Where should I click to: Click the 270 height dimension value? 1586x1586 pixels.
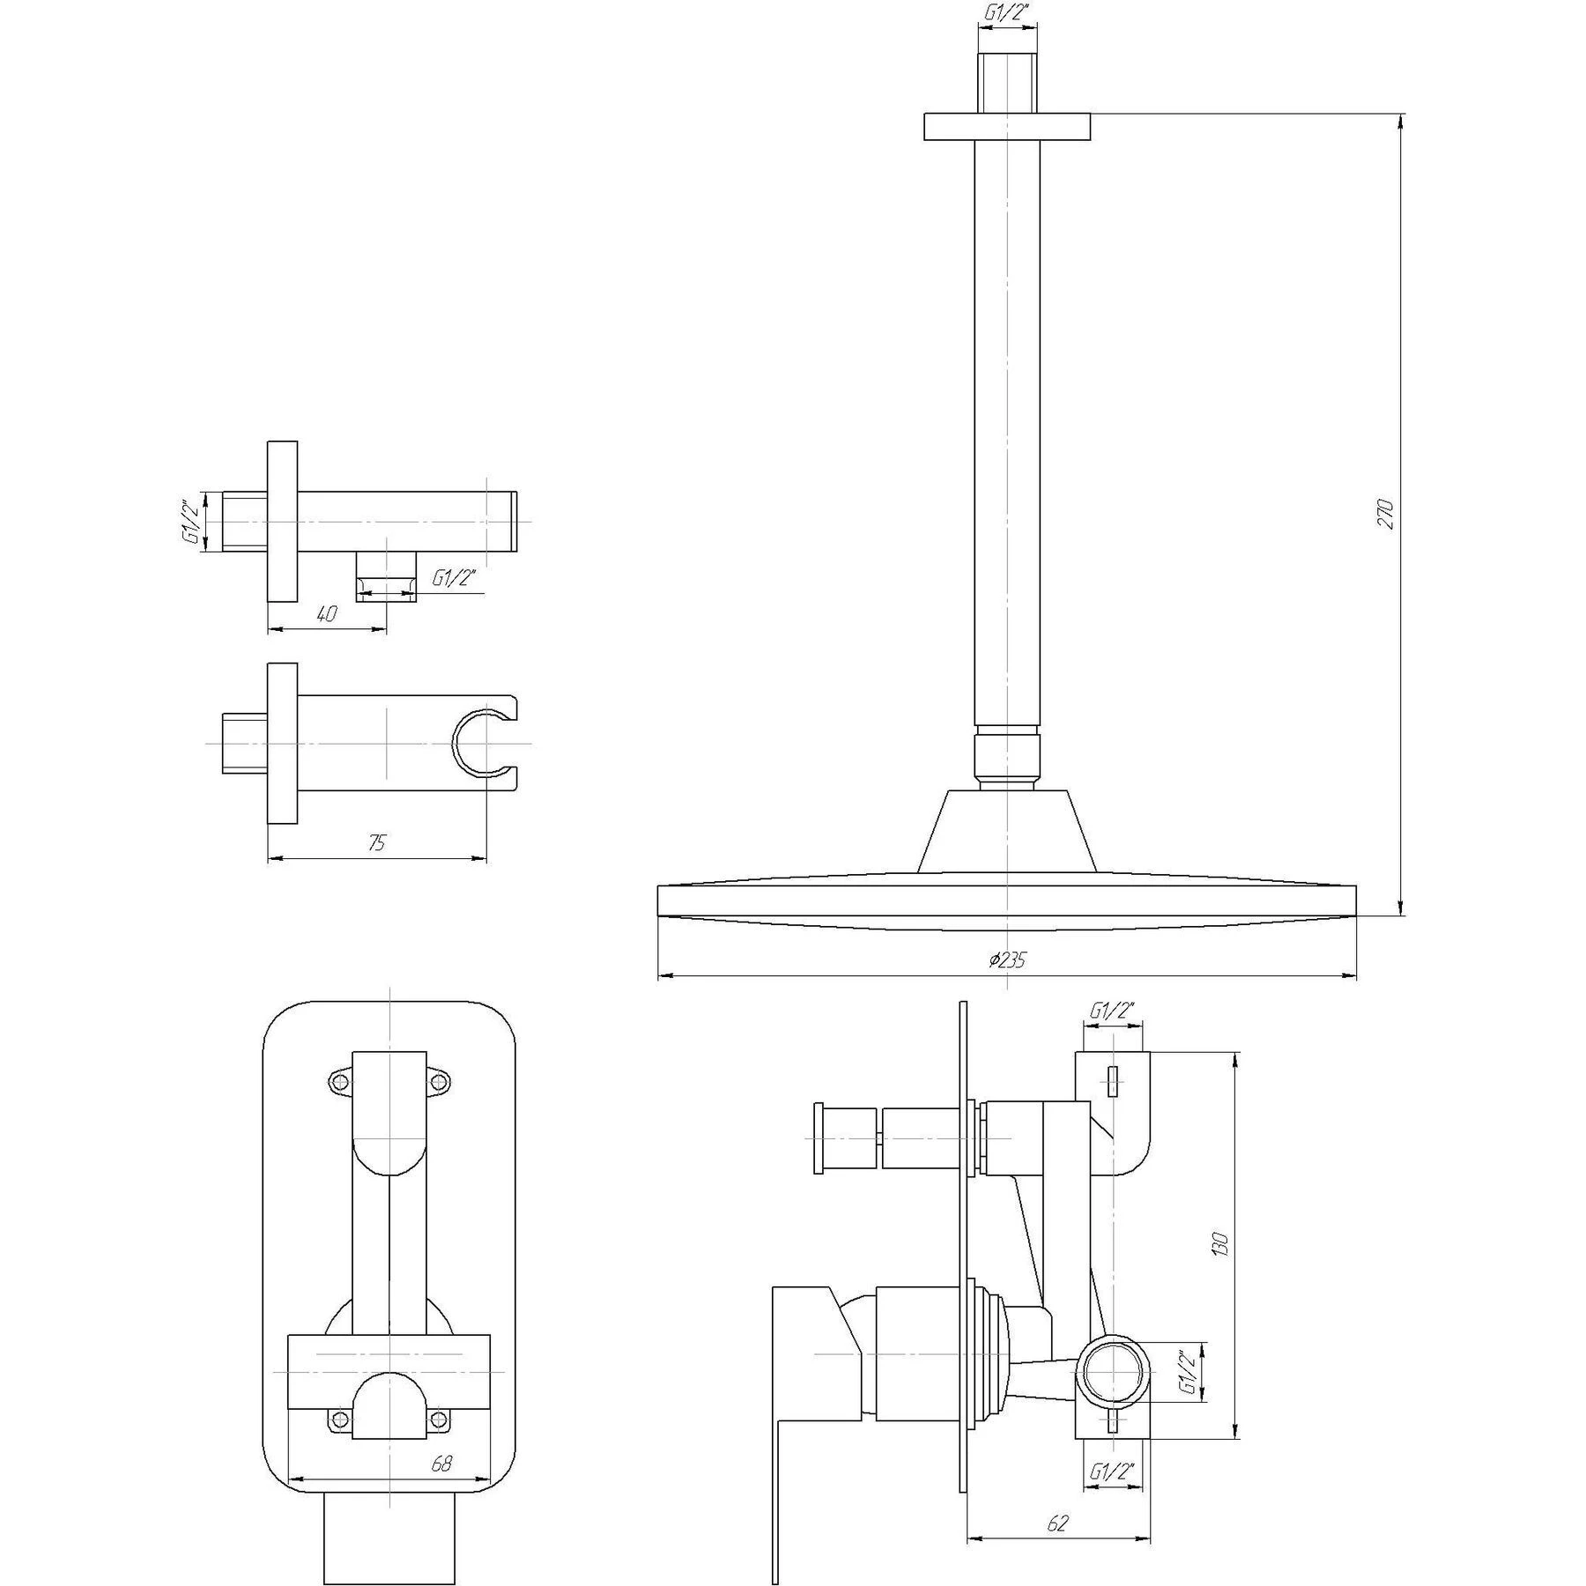1385,514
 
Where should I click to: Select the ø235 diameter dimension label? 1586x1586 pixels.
1007,960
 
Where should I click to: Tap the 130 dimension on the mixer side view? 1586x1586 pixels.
1219,1243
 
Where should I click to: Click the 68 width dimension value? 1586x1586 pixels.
441,1464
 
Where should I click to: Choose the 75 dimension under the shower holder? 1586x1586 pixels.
376,842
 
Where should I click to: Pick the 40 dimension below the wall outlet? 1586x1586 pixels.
327,614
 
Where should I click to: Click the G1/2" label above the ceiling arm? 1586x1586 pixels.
1006,12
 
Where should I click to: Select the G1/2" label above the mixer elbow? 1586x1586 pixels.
1111,1011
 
